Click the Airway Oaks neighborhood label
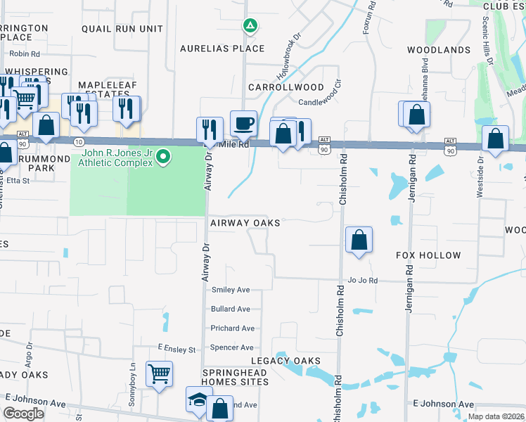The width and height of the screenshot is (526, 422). (245, 223)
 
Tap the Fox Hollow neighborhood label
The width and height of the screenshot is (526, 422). (428, 255)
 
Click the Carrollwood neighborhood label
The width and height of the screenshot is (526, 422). (286, 88)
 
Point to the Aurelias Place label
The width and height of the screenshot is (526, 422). (222, 49)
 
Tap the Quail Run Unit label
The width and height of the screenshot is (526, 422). (122, 30)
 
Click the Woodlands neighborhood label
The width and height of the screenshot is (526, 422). (439, 51)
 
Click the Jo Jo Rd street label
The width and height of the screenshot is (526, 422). (363, 281)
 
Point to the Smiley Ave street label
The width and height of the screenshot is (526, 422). (231, 290)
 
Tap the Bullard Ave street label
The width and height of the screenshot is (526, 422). (231, 309)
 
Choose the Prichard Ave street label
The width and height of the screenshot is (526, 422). (233, 328)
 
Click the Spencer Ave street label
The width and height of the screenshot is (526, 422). (232, 347)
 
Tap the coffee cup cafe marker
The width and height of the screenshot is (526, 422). (244, 123)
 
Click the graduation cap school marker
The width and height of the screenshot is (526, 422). (197, 399)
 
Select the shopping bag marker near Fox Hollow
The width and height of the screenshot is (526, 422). (359, 240)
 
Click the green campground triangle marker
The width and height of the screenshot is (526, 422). (250, 27)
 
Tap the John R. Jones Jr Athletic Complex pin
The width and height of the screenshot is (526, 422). (163, 155)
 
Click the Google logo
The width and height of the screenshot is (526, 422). (24, 414)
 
